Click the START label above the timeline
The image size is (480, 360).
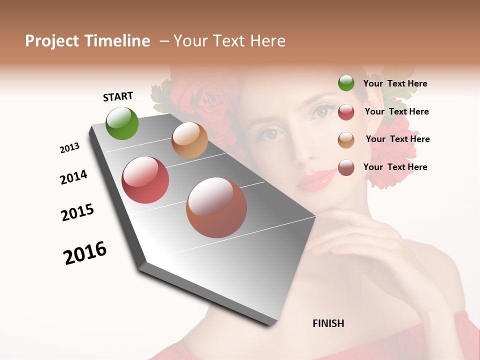(118, 96)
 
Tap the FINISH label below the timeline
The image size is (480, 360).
(328, 323)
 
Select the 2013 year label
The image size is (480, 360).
(69, 148)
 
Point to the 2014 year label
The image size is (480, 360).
(73, 177)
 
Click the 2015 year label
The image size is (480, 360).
(77, 212)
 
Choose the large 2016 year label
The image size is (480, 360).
(85, 253)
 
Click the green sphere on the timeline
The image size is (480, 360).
(122, 123)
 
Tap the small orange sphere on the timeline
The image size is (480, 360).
(189, 140)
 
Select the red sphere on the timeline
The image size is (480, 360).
(145, 180)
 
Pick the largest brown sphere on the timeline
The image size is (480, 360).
(216, 207)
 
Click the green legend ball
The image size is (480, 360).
(346, 83)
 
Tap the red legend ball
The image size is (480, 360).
(346, 112)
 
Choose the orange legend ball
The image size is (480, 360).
(346, 139)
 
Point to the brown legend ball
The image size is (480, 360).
(346, 167)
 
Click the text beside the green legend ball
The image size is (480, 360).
(395, 83)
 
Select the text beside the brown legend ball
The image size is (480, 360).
(395, 167)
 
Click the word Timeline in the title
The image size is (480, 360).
(117, 41)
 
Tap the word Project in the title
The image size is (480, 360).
(52, 41)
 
